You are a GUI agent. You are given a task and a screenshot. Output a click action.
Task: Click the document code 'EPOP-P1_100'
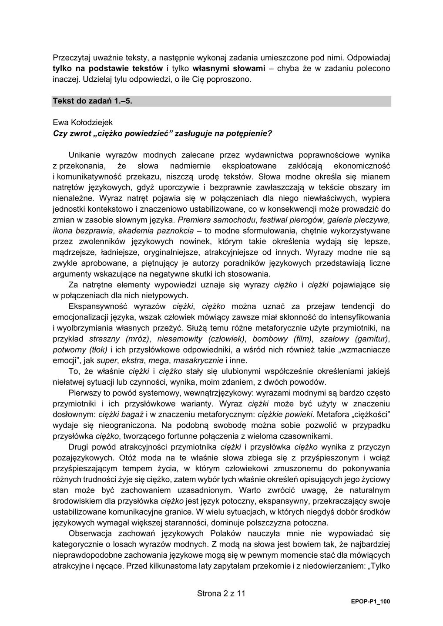tap(370, 602)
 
